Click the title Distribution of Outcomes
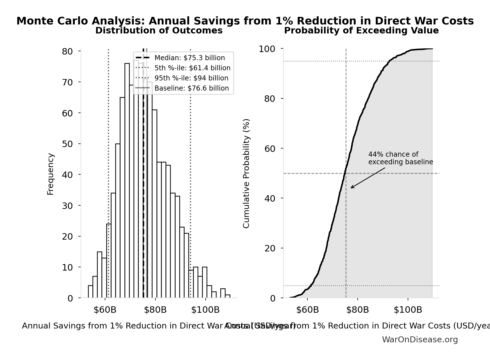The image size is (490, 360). [x=159, y=31]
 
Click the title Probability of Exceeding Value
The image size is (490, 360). [x=361, y=31]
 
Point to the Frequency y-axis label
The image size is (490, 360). [x=51, y=174]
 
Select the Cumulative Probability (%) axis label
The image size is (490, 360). [x=246, y=174]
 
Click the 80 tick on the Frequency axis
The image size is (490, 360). [x=67, y=51]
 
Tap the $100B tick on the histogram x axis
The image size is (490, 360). [x=205, y=310]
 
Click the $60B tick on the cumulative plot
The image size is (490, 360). [x=307, y=310]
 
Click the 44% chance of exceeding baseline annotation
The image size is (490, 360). [x=400, y=158]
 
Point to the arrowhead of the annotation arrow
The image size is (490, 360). [x=351, y=188]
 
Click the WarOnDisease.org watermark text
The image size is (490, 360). [x=420, y=340]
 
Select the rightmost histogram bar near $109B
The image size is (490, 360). [x=228, y=296]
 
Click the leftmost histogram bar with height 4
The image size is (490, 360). [x=90, y=292]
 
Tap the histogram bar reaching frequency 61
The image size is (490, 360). [x=155, y=204]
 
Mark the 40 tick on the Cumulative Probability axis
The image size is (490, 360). [x=270, y=199]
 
